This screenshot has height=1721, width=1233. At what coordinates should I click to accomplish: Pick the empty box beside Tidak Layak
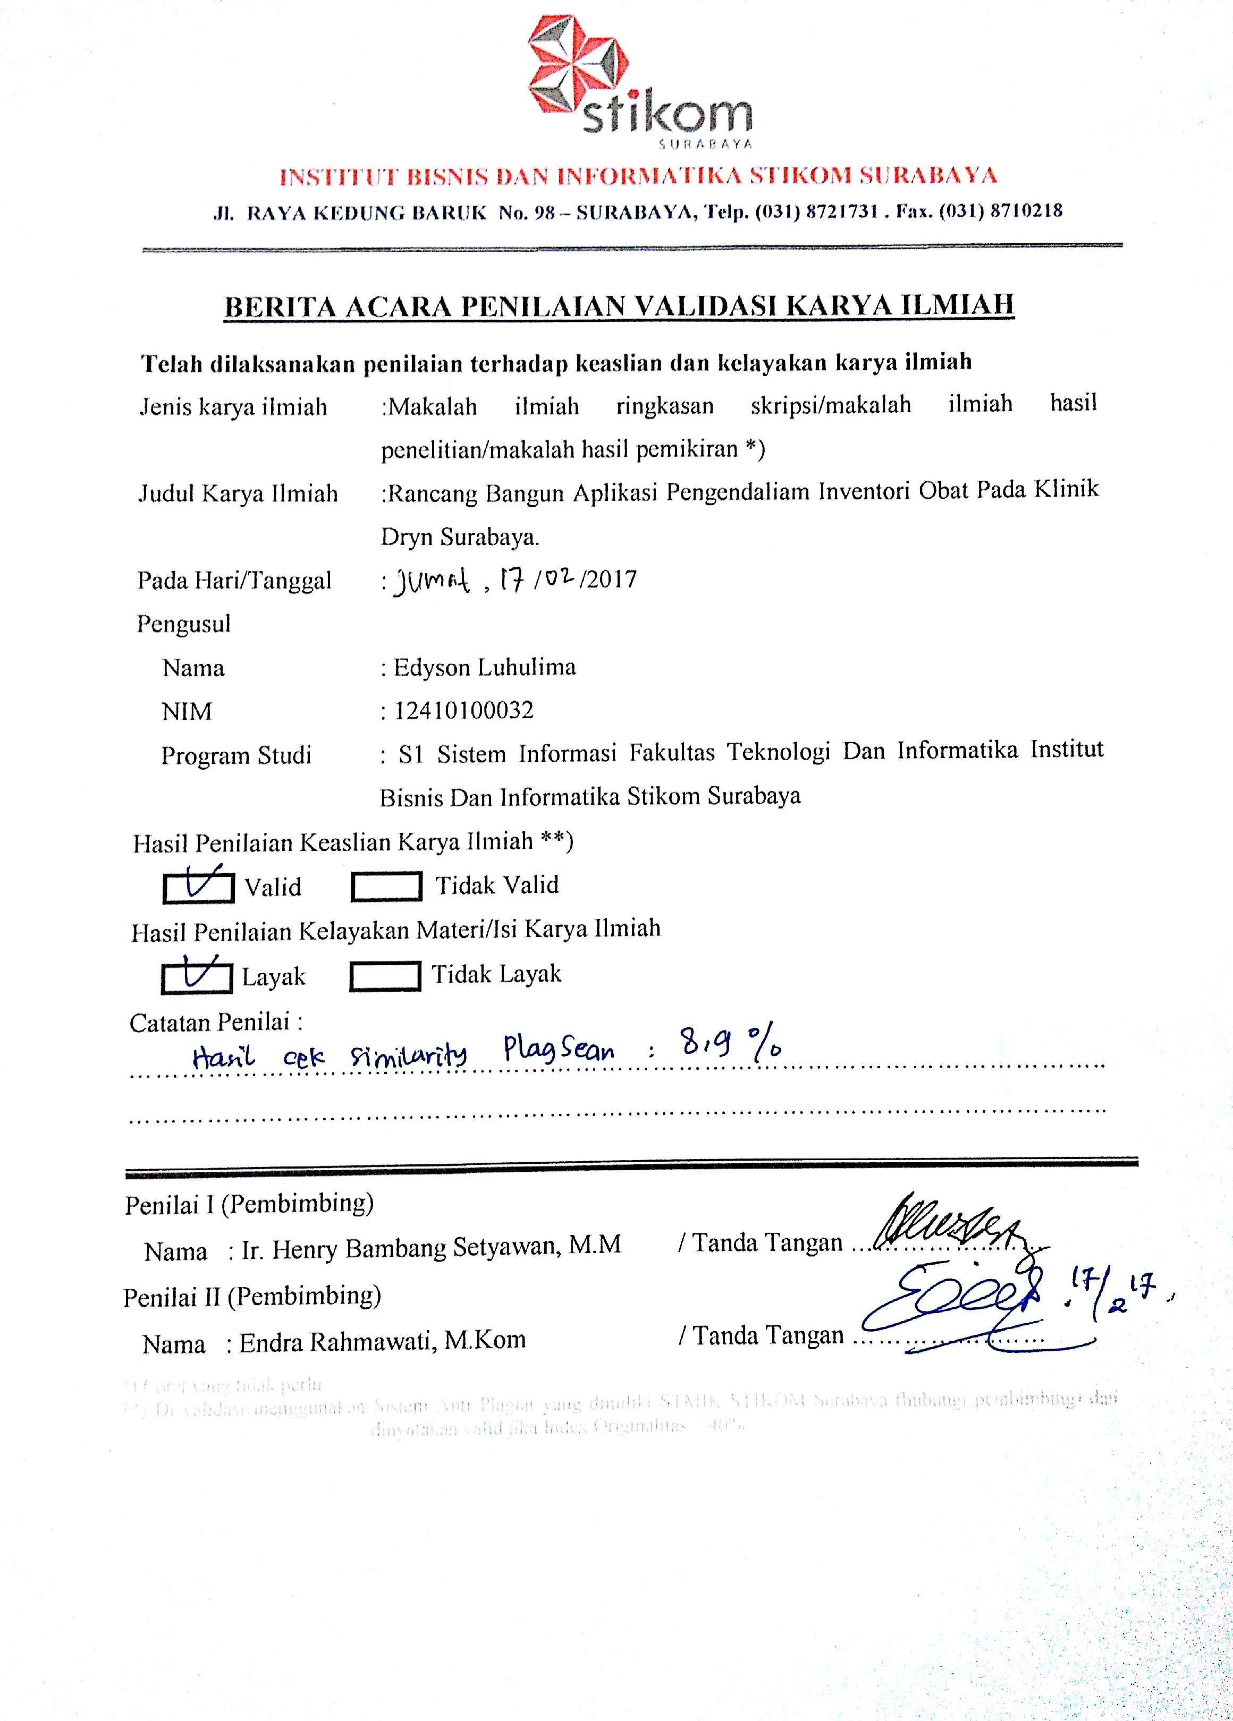pos(384,976)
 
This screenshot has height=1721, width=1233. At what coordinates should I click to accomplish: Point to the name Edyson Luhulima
pos(484,668)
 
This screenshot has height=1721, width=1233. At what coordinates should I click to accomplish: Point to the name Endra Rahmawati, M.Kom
pos(383,1342)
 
